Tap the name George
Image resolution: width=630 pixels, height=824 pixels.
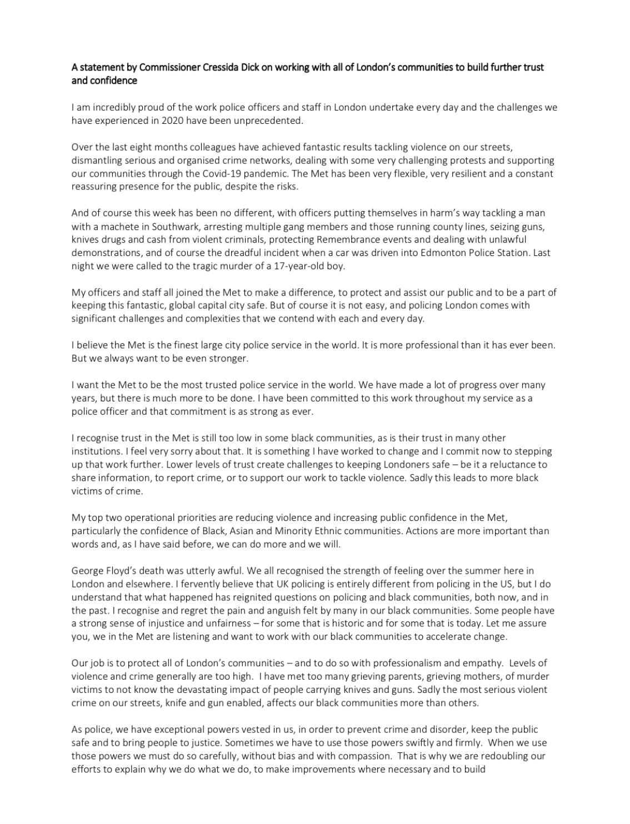coord(87,571)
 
